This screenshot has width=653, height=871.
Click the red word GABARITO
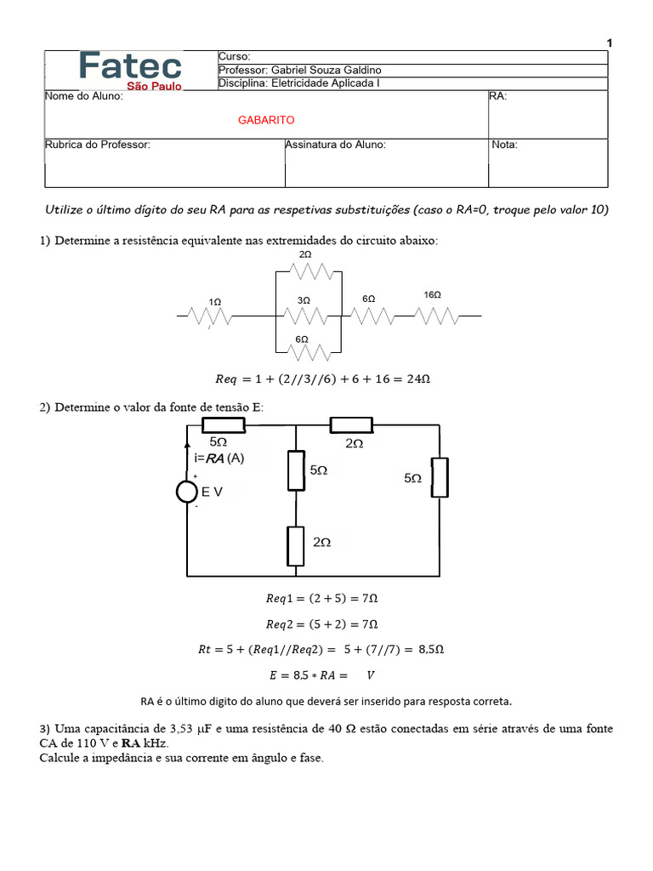tap(266, 121)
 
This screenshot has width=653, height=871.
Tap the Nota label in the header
tap(505, 145)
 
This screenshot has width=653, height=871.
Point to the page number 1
tap(610, 43)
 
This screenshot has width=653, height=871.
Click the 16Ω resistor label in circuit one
tap(432, 295)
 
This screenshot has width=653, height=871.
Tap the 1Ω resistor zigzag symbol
tap(210, 316)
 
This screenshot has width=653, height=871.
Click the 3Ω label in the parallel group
tap(304, 300)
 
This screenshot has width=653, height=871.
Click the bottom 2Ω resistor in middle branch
tap(295, 546)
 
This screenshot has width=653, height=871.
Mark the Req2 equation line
tap(321, 623)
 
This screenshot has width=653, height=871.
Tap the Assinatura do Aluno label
tap(336, 145)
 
